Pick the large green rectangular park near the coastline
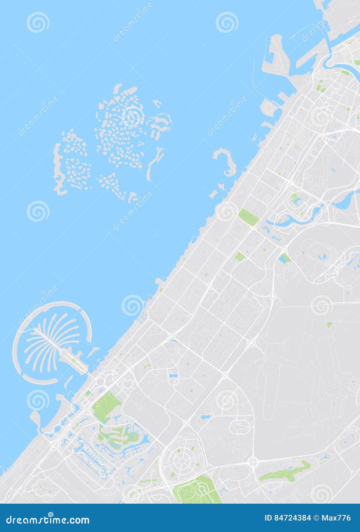[248, 216]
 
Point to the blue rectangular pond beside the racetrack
[284, 259]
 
